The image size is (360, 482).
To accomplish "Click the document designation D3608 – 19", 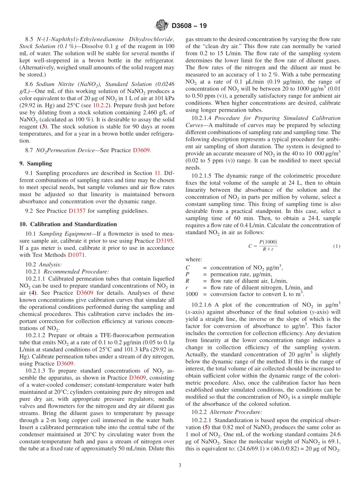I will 189,26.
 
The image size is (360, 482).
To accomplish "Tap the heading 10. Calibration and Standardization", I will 68,224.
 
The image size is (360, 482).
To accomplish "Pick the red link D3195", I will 165,241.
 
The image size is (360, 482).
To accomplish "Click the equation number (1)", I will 337,246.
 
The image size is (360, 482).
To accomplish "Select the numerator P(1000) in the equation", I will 268,242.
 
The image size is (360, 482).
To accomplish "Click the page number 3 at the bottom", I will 180,465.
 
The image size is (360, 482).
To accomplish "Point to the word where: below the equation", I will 194,260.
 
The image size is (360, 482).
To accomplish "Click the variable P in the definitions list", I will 187,274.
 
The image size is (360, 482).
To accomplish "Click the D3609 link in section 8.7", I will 141,150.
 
